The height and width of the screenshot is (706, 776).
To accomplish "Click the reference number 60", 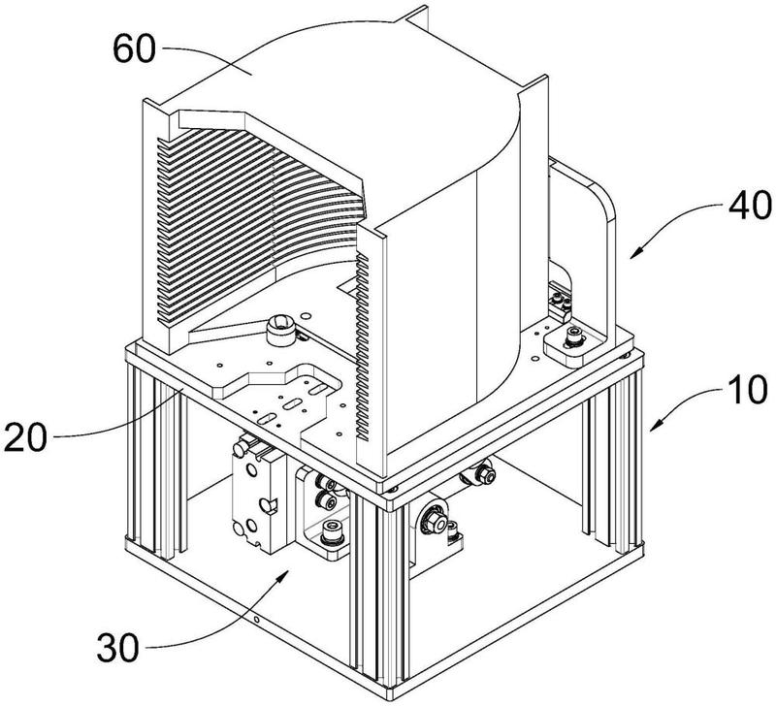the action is tap(134, 49).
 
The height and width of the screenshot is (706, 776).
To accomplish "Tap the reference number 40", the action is tap(750, 205).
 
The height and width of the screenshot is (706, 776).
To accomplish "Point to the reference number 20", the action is tap(26, 437).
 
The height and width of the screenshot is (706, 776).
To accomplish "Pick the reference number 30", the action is tap(117, 649).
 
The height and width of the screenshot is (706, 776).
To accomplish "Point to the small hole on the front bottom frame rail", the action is tap(256, 620).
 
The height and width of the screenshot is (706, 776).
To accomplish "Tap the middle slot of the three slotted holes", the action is tap(293, 403).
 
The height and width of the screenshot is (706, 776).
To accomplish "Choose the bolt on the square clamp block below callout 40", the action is tap(574, 337).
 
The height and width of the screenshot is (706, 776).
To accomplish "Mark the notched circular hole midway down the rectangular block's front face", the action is tap(266, 505).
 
